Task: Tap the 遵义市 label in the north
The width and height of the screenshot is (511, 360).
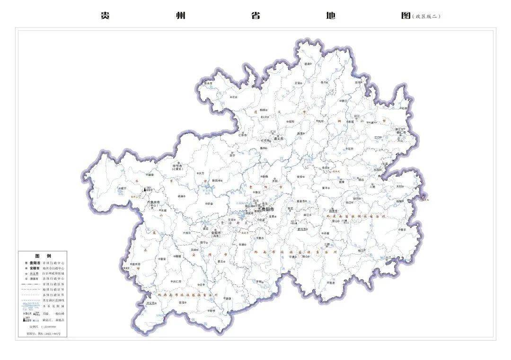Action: click(x=278, y=139)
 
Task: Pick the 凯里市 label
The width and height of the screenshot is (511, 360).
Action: click(x=333, y=211)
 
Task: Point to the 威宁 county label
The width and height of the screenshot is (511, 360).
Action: click(x=123, y=188)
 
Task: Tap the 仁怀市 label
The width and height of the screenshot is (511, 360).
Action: click(x=243, y=135)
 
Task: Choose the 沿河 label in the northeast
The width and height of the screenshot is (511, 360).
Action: click(x=358, y=82)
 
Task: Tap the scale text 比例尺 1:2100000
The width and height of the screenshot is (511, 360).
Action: click(x=43, y=327)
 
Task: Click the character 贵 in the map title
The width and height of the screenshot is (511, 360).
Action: click(x=105, y=15)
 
